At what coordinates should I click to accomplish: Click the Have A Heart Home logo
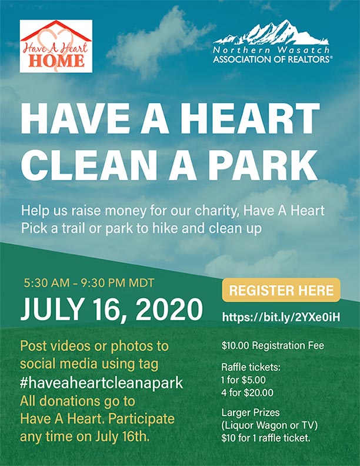point(56,46)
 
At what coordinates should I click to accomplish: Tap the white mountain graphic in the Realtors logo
point(271,32)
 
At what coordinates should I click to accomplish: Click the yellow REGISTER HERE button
point(281,290)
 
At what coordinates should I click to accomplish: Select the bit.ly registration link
point(281,317)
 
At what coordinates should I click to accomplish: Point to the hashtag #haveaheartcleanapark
point(101,383)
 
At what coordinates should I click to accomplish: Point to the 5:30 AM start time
point(46,282)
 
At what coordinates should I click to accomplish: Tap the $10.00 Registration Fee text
point(273,345)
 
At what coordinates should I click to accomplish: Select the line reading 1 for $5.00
point(244,380)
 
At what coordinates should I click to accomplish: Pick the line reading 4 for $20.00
point(247,393)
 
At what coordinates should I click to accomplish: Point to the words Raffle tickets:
point(251,367)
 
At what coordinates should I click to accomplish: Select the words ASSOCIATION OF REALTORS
point(272,59)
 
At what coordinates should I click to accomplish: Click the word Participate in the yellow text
point(141,419)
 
